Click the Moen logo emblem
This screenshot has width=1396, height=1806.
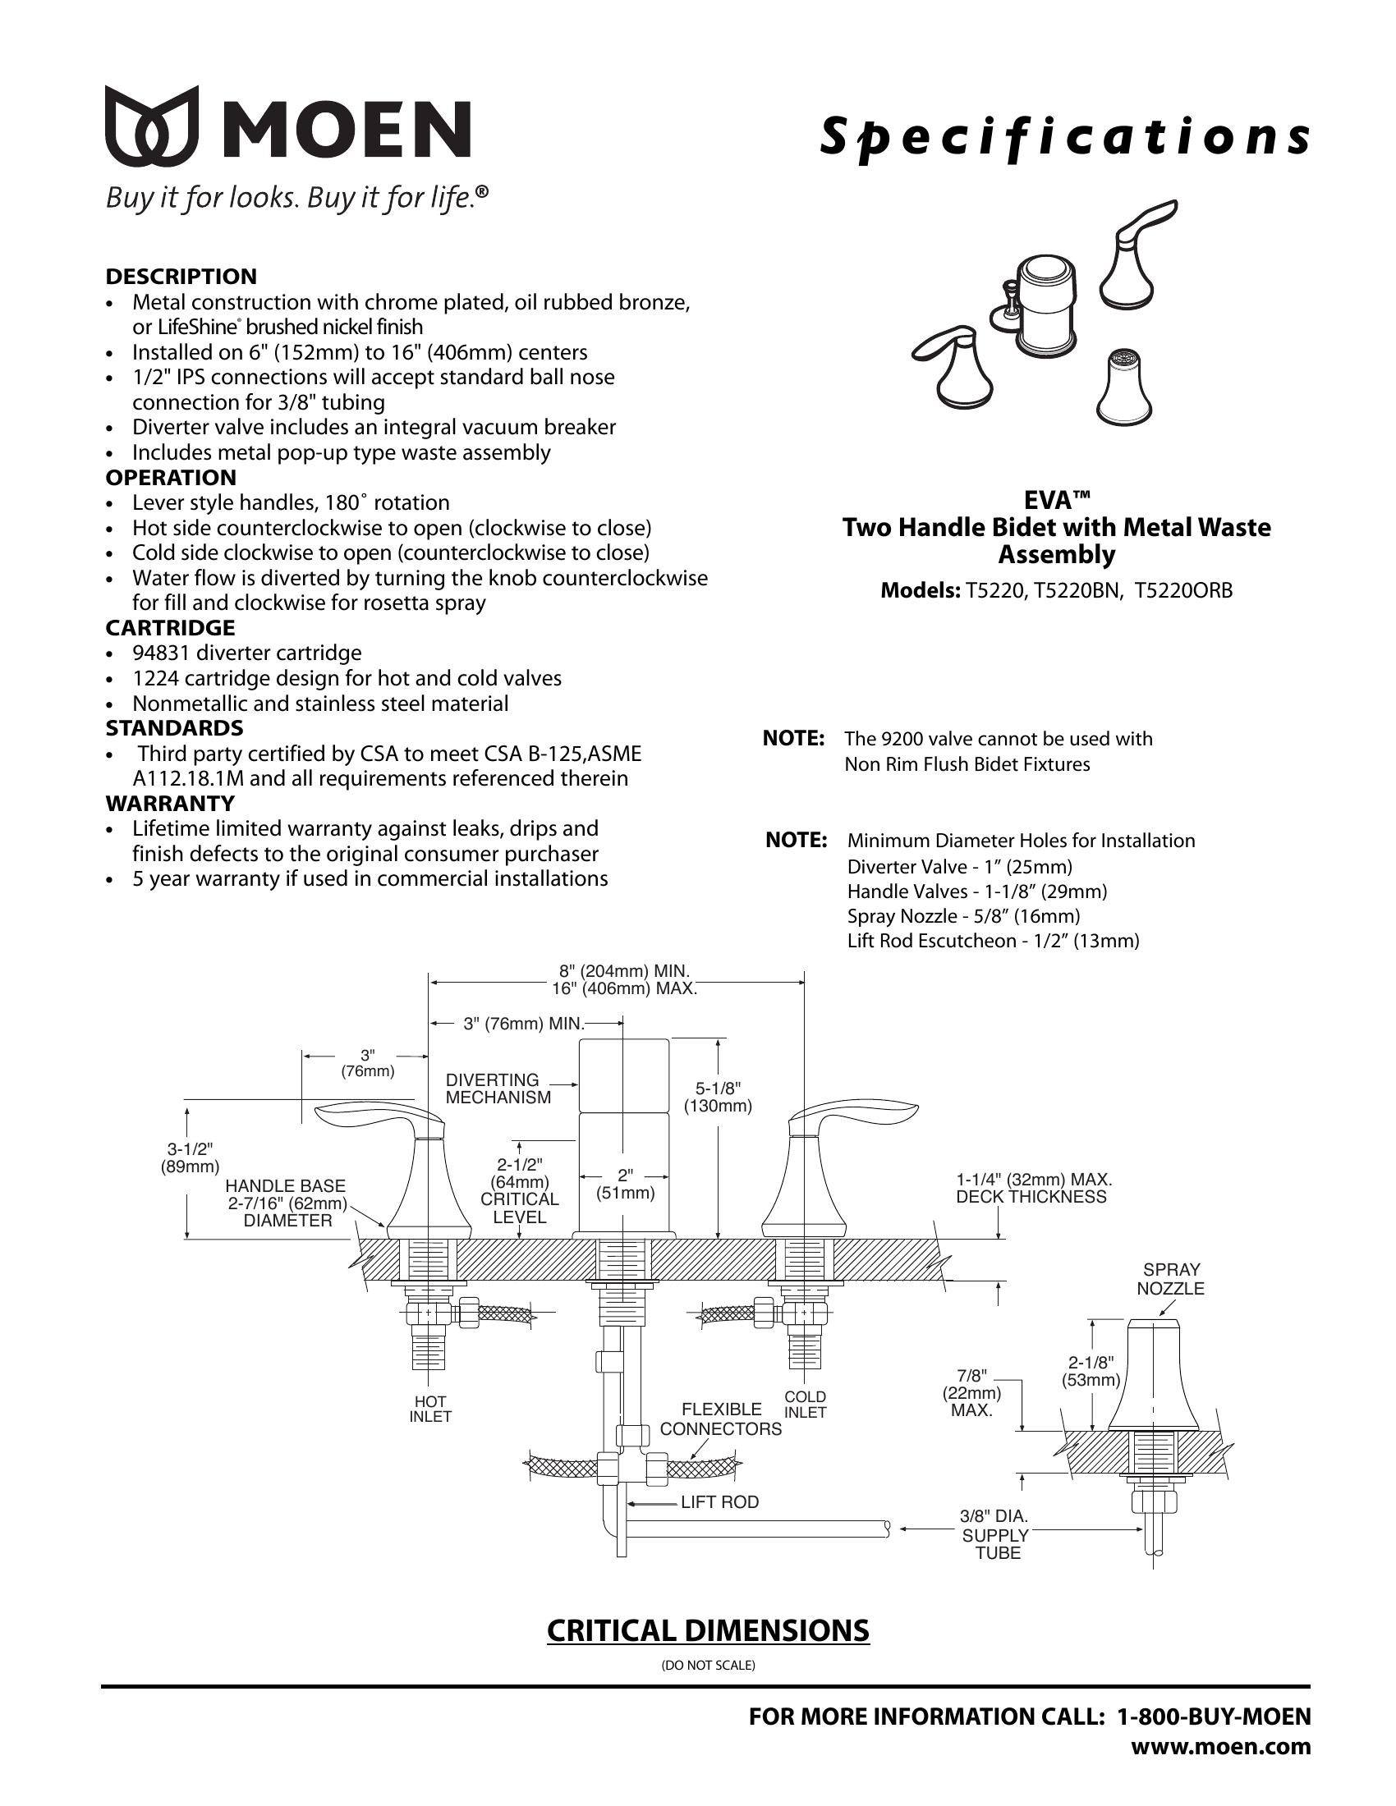coord(152,126)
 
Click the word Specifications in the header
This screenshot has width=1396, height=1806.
coord(1064,137)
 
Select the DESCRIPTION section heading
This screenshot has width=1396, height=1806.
coord(181,276)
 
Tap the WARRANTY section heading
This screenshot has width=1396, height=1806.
coord(169,803)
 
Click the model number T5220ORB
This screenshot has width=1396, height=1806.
coord(1183,590)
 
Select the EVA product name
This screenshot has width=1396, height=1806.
coord(1056,501)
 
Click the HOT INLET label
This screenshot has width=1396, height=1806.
coord(430,1409)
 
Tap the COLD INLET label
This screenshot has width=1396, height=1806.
coord(805,1404)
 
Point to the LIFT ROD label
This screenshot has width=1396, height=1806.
coord(719,1501)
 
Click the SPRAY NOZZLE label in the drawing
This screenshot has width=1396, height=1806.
coord(1170,1279)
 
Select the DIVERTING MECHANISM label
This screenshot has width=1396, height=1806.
coord(498,1089)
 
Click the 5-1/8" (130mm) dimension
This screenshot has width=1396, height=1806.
coord(717,1098)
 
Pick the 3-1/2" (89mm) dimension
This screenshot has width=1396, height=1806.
coord(190,1157)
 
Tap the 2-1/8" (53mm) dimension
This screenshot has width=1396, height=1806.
coord(1091,1371)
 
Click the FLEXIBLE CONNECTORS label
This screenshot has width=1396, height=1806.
coord(720,1419)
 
